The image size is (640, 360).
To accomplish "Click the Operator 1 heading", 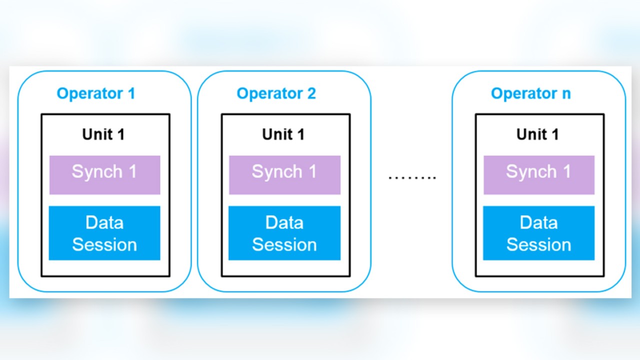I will click(x=95, y=93).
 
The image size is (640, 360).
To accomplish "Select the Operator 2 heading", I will click(x=276, y=93).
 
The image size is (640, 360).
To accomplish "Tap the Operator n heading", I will click(x=530, y=93).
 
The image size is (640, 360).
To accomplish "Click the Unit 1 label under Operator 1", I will click(x=103, y=134).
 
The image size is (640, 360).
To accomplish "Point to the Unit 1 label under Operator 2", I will click(x=283, y=134).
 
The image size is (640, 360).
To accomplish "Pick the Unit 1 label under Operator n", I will click(x=537, y=134).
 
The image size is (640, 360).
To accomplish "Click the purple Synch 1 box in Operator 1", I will click(x=104, y=174).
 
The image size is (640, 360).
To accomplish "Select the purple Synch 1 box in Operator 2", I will click(x=284, y=174).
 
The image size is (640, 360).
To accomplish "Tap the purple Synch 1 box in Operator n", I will click(x=538, y=174).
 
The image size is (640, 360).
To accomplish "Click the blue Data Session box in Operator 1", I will click(x=104, y=233).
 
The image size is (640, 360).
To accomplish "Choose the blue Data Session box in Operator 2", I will click(x=284, y=233).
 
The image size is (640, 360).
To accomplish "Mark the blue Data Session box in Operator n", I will click(x=538, y=233).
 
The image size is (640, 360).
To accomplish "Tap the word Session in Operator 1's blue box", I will click(x=104, y=244).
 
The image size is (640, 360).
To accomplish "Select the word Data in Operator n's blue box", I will click(x=538, y=222).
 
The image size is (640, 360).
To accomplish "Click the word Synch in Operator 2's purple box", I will click(x=276, y=172).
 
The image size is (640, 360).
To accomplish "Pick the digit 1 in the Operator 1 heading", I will click(x=131, y=93).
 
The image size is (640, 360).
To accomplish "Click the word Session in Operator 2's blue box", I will click(x=284, y=244).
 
